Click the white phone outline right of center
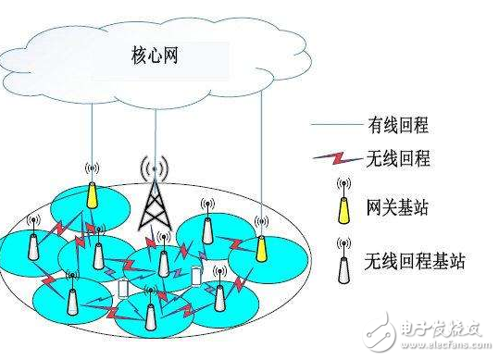pyautogui.click(x=196, y=279)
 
